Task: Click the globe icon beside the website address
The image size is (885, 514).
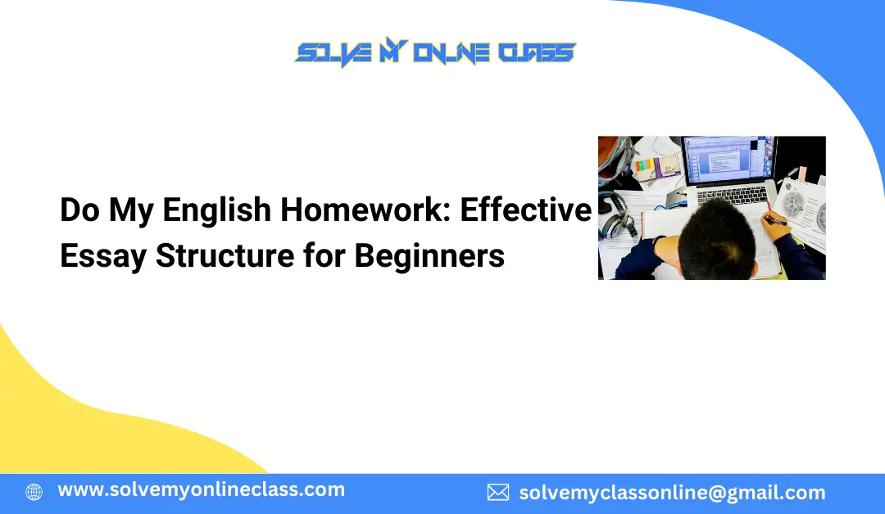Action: pos(34,492)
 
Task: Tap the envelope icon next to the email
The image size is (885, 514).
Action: pos(497,492)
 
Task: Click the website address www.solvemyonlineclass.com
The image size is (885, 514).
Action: pos(201,490)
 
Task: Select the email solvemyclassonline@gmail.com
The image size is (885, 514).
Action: pos(672,493)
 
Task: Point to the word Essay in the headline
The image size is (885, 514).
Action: pos(102,256)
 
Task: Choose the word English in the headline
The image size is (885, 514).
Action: pos(217,210)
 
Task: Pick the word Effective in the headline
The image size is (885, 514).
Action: pos(525,210)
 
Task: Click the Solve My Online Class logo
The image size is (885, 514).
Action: pos(435,54)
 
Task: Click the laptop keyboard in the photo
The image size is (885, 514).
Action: pos(734,193)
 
